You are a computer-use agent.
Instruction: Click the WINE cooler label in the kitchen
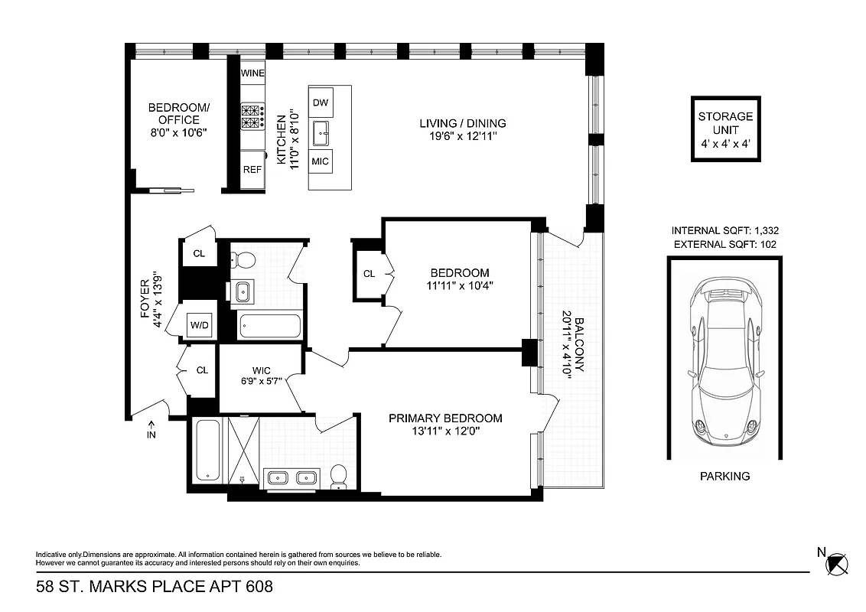tap(252, 73)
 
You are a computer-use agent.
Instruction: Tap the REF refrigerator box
tap(252, 170)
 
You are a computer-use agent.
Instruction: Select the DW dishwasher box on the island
tap(321, 102)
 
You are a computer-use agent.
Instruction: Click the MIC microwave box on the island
tap(321, 161)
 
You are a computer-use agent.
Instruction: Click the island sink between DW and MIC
tap(321, 133)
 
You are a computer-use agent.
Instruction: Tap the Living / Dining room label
tap(462, 123)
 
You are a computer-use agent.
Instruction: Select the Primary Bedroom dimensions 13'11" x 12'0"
tap(445, 431)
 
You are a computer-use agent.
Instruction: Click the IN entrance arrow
tap(151, 430)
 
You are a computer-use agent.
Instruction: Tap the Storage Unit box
tap(725, 129)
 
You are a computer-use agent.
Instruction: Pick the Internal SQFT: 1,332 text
tap(725, 230)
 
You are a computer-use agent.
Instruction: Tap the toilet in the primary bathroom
tap(337, 477)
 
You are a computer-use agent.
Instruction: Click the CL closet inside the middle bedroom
tap(369, 273)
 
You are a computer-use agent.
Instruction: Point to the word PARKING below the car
tap(724, 476)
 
